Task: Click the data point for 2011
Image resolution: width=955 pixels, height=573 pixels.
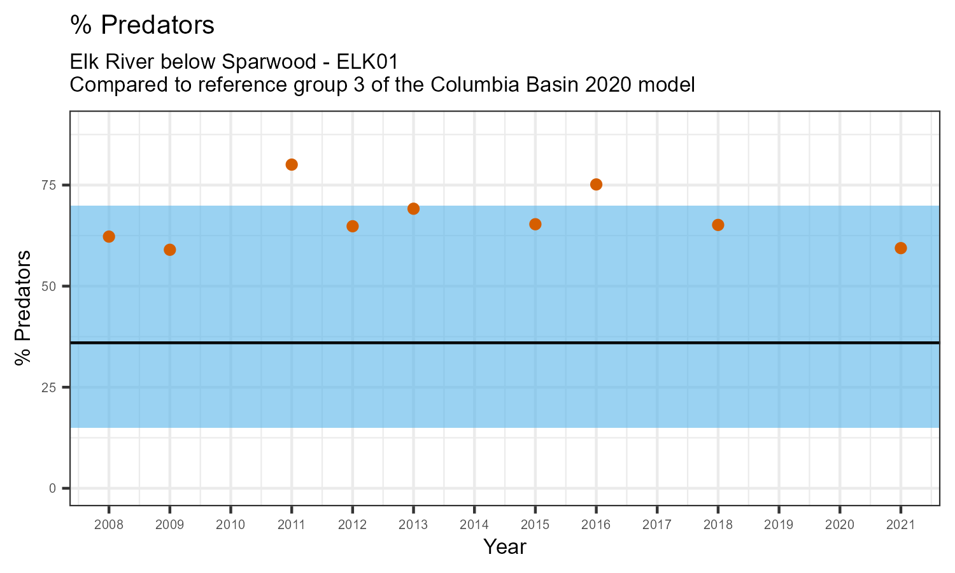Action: click(x=292, y=164)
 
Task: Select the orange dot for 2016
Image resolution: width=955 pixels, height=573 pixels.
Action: click(x=596, y=185)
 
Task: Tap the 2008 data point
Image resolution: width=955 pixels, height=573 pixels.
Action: click(x=109, y=237)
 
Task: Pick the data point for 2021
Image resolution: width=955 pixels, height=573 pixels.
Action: click(x=900, y=248)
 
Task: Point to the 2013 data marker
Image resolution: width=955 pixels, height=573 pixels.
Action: click(x=413, y=209)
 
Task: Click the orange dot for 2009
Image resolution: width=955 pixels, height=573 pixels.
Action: click(x=170, y=250)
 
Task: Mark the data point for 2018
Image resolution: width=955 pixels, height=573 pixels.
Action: click(x=718, y=225)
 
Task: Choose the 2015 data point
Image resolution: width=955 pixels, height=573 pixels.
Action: click(x=535, y=224)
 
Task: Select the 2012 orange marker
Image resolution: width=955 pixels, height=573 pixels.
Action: click(x=353, y=226)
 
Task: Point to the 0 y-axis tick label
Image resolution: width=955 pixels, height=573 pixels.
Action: click(x=53, y=488)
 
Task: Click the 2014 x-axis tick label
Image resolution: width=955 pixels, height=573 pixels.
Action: click(x=474, y=525)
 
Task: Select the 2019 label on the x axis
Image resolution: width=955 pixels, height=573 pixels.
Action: click(x=779, y=525)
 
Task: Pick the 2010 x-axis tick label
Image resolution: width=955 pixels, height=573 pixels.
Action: click(x=230, y=525)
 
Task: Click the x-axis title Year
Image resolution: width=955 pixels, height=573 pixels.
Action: click(x=505, y=547)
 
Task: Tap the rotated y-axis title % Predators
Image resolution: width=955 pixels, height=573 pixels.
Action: click(x=23, y=308)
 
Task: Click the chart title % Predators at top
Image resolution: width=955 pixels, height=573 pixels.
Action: click(x=142, y=25)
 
